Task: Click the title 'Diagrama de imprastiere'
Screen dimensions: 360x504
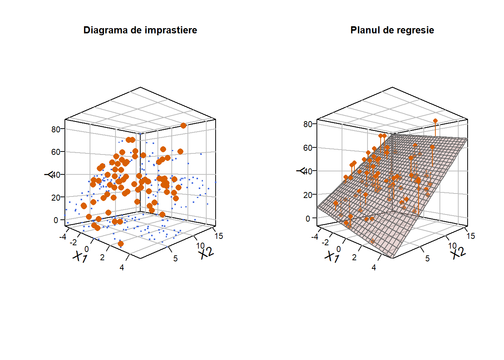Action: pos(140,30)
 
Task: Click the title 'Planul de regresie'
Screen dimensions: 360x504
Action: pos(392,30)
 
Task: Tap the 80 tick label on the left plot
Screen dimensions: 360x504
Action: pos(55,129)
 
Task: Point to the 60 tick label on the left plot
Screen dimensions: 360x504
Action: pos(55,152)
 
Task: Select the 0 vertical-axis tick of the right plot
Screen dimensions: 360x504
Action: pos(308,219)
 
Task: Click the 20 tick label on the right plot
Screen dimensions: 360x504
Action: pos(307,195)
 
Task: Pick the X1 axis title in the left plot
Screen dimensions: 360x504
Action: pos(80,256)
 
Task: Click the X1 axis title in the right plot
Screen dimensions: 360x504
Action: pos(332,256)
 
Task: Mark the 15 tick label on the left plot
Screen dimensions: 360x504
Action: pos(219,236)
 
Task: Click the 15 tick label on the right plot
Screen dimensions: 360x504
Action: pos(471,236)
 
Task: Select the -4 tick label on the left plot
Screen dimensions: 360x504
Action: pos(63,237)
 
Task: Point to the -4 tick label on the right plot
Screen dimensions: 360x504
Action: pos(315,237)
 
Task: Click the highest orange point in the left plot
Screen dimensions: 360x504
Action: pos(183,126)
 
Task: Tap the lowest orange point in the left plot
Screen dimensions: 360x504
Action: pos(121,244)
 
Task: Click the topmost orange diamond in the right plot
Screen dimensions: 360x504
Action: pos(435,121)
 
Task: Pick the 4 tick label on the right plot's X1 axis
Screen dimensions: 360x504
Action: pos(374,267)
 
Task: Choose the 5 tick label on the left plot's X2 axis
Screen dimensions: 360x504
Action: pos(175,258)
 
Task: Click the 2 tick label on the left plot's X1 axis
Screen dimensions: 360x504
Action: pos(102,257)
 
